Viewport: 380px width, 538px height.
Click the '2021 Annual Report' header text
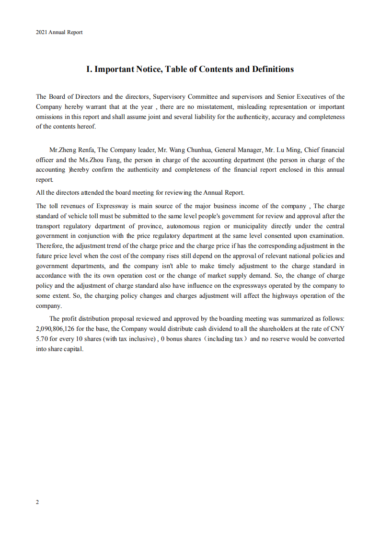click(59, 33)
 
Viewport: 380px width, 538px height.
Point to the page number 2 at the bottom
click(37, 502)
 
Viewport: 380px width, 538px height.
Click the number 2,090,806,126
click(57, 329)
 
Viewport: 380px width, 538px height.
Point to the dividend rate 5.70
click(42, 339)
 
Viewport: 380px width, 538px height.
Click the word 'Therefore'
click(49, 246)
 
